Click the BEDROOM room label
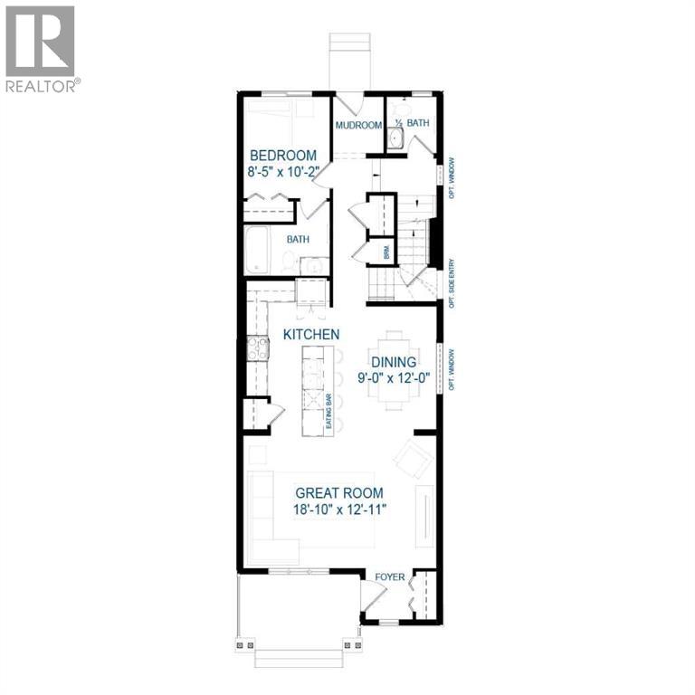pyautogui.click(x=283, y=155)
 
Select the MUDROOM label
pyautogui.click(x=358, y=125)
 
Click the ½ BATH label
pyautogui.click(x=413, y=122)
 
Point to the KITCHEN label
pyautogui.click(x=311, y=335)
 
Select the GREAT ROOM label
pyautogui.click(x=339, y=493)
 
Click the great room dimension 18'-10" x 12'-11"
pyautogui.click(x=339, y=510)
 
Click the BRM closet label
pyautogui.click(x=386, y=253)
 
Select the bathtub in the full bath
pyautogui.click(x=260, y=250)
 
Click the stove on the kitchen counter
pyautogui.click(x=258, y=348)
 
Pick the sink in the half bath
pyautogui.click(x=395, y=138)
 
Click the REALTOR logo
pyautogui.click(x=42, y=49)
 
